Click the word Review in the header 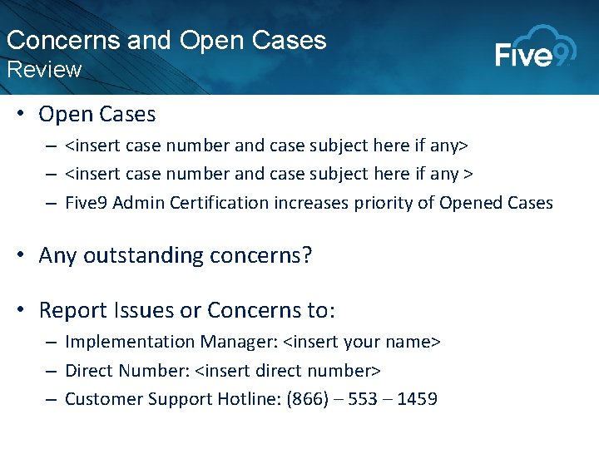[44, 70]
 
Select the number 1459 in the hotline [417, 399]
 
